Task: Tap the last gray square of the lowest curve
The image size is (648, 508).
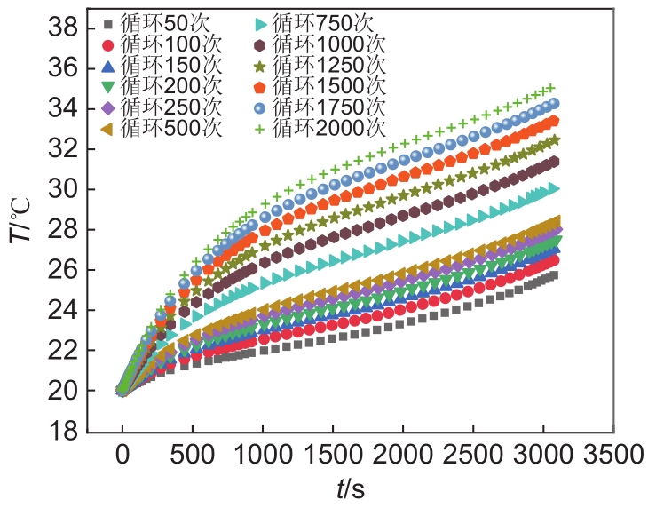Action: pyautogui.click(x=554, y=275)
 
